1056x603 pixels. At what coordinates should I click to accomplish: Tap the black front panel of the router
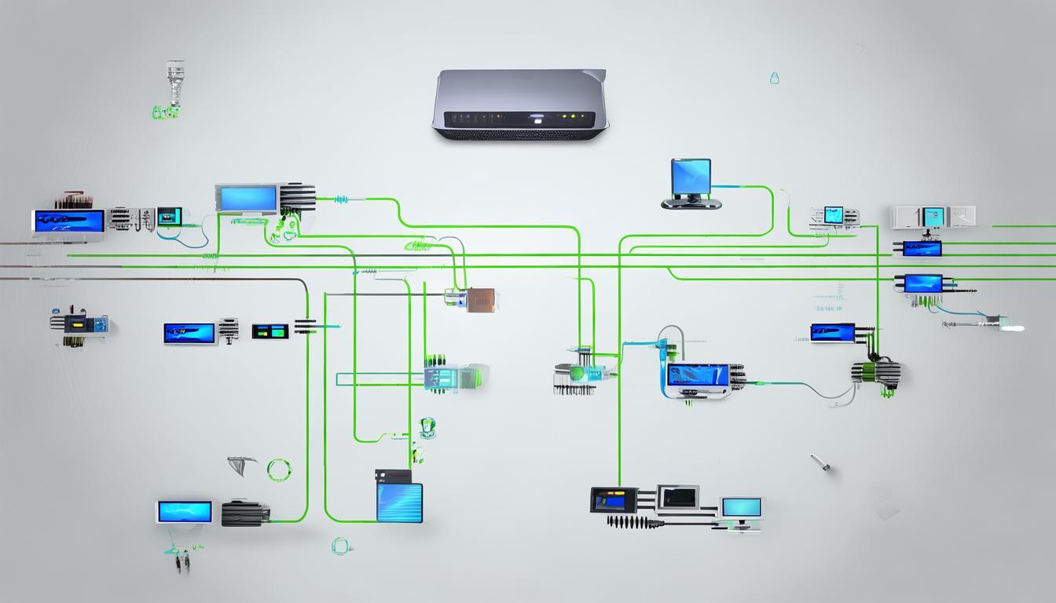click(519, 119)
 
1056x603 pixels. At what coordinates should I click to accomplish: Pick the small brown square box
click(479, 299)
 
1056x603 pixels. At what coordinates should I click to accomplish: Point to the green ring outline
click(279, 470)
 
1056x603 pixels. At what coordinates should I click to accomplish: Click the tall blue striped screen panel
click(399, 502)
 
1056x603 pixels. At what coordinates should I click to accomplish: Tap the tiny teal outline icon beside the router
click(774, 78)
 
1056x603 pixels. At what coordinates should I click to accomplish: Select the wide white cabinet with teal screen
click(933, 217)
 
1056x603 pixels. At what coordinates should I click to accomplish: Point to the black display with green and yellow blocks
click(269, 331)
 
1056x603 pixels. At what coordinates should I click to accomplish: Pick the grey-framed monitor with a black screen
click(677, 497)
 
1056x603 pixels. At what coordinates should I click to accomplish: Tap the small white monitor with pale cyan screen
click(741, 509)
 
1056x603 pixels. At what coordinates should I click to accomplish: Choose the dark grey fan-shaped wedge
click(244, 465)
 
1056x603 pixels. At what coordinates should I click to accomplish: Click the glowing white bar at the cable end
click(1013, 327)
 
